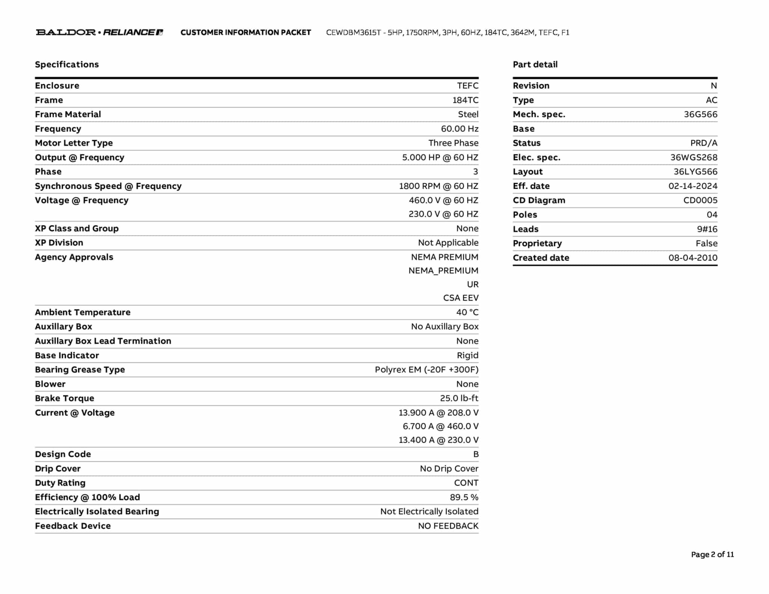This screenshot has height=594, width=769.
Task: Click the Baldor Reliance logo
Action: [99, 32]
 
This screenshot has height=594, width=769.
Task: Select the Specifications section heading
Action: [67, 65]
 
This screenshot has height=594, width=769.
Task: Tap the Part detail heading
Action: [535, 65]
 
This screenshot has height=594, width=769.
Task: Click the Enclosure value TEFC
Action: [467, 86]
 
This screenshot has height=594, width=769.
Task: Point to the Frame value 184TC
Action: [465, 100]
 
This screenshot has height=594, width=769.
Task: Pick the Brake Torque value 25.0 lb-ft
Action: [459, 398]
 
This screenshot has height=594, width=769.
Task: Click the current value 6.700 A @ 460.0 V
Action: [440, 426]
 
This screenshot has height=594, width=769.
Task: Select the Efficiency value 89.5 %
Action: [464, 497]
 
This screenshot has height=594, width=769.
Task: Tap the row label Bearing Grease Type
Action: [80, 369]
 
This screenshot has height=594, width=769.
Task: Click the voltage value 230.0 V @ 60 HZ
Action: [443, 214]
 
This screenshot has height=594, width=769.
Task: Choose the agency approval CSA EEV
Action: [461, 298]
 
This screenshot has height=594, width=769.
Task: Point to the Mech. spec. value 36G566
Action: [700, 115]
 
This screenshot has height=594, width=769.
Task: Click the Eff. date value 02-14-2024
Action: [693, 186]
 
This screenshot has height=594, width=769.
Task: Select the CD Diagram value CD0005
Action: [700, 200]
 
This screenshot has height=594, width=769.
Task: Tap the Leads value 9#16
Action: [707, 229]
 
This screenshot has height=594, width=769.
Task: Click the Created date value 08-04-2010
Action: [693, 258]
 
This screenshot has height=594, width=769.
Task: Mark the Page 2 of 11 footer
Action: [712, 554]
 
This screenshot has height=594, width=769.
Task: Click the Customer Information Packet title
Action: [246, 33]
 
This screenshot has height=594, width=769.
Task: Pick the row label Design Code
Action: [63, 454]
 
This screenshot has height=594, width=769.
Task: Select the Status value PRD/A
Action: [704, 143]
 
